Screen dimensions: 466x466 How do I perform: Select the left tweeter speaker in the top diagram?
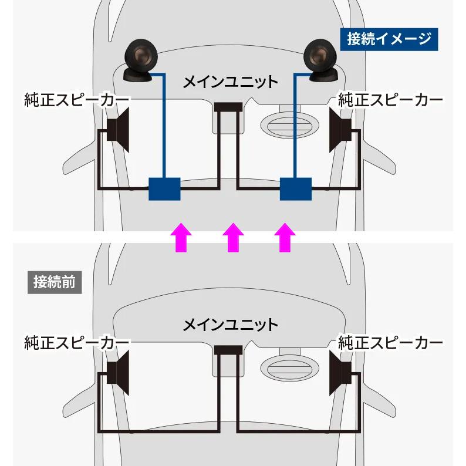pyautogui.click(x=141, y=60)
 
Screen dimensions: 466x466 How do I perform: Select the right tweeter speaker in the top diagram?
pyautogui.click(x=321, y=60)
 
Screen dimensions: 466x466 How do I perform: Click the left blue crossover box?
pyautogui.click(x=164, y=188)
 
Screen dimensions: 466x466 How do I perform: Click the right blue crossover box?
pyautogui.click(x=295, y=188)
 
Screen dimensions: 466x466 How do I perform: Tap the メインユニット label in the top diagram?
pyautogui.click(x=230, y=82)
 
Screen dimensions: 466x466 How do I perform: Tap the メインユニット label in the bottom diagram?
pyautogui.click(x=230, y=323)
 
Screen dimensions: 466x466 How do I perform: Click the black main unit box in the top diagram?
pyautogui.click(x=228, y=108)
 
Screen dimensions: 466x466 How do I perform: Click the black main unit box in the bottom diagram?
pyautogui.click(x=228, y=350)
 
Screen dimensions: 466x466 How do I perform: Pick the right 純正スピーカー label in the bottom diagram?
pyautogui.click(x=390, y=342)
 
